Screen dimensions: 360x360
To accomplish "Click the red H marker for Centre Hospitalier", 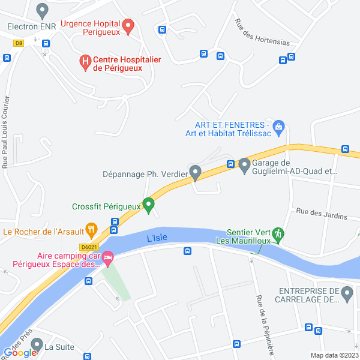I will click(85, 61).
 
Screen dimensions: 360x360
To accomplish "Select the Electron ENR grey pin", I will click(42, 10).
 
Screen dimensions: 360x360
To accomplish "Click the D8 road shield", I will click(19, 43).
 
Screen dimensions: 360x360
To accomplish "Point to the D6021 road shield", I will click(88, 247).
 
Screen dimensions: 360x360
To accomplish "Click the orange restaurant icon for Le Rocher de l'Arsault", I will click(91, 229).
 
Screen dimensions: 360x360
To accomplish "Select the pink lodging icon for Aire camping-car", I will click(107, 259).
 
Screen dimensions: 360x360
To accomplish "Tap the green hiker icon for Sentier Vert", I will click(278, 233).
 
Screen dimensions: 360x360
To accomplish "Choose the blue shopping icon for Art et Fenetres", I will click(278, 127).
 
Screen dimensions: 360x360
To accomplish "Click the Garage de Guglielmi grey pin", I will click(244, 164).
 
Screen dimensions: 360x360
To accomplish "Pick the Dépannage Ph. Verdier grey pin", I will click(196, 173).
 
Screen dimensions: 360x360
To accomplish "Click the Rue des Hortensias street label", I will click(262, 34).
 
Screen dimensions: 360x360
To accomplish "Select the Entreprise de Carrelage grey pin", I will click(346, 293).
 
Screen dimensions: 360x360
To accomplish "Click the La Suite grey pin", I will click(37, 345).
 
